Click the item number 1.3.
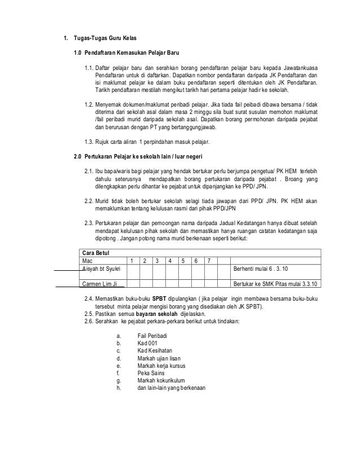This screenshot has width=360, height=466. tap(89, 141)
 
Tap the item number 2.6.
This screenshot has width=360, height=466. tap(89, 321)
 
